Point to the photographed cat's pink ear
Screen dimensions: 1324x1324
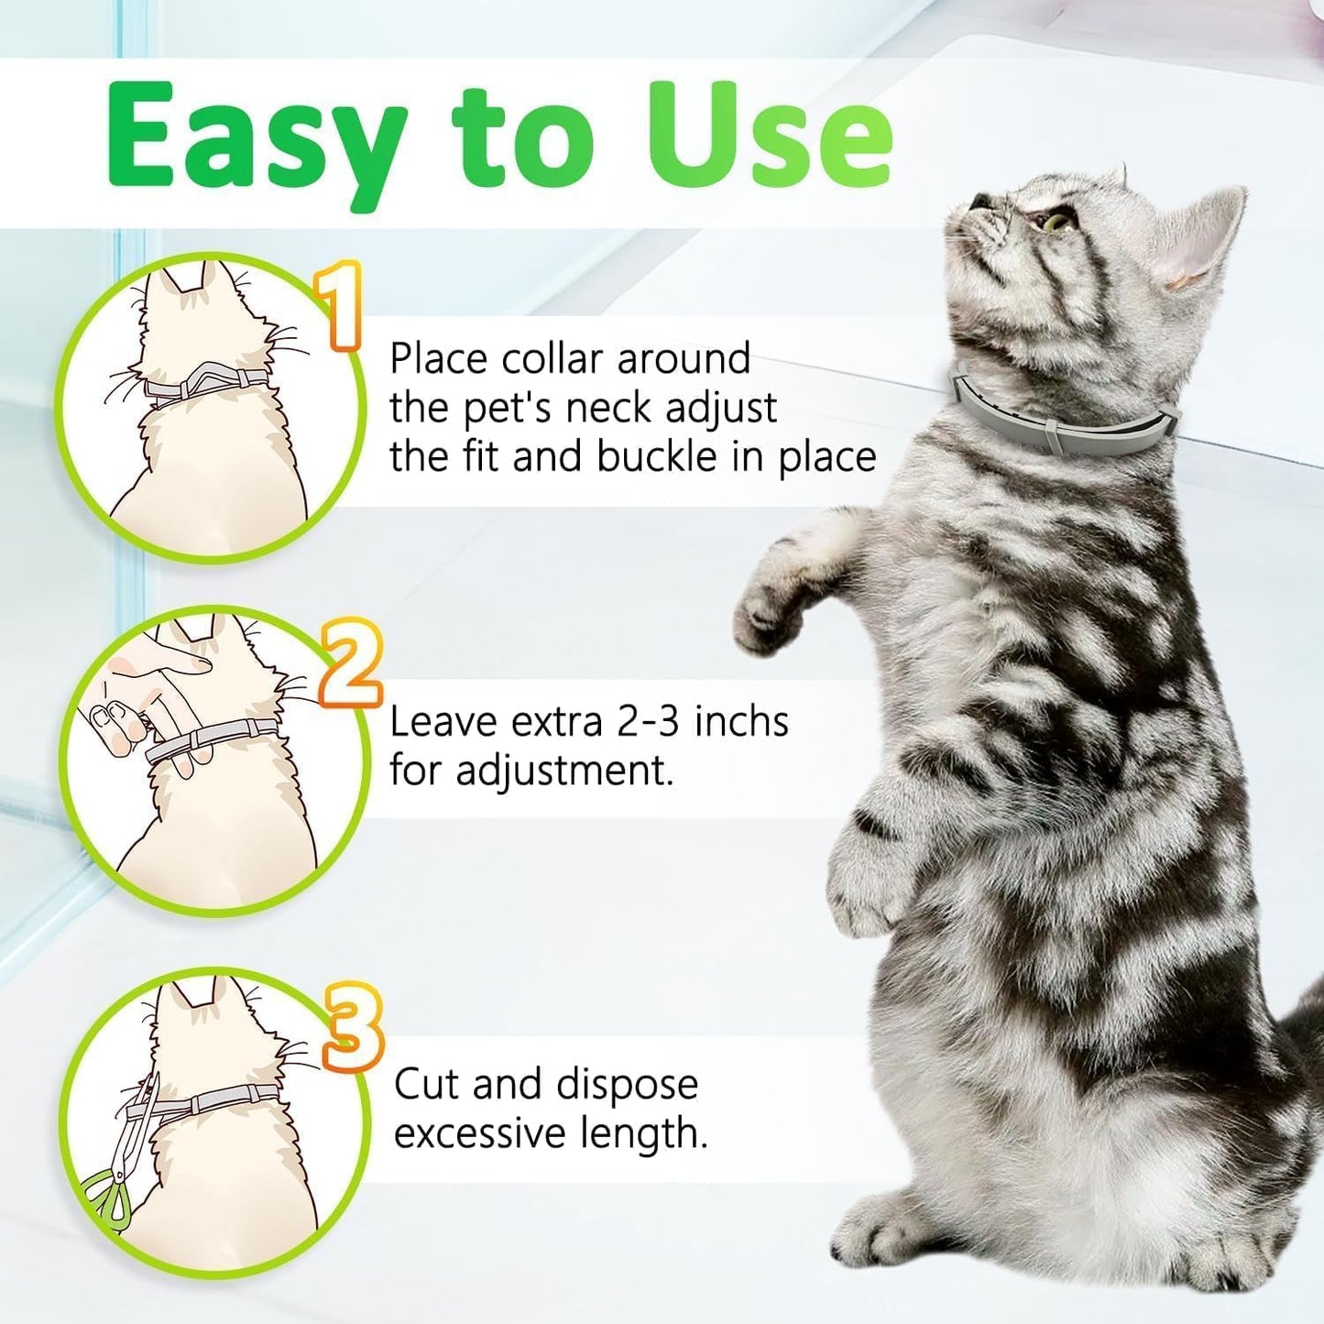(x=1191, y=247)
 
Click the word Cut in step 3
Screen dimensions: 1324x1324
(x=428, y=1085)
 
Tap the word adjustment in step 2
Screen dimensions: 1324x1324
(x=564, y=771)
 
